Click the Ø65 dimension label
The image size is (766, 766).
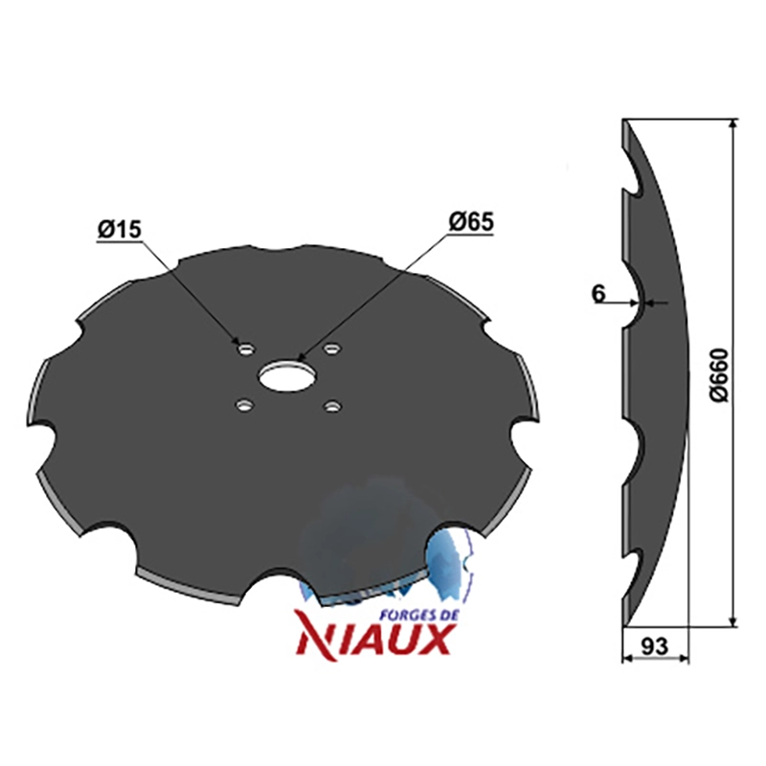471,222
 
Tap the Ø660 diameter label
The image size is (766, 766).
720,374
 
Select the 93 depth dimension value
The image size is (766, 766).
654,646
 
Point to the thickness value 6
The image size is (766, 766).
598,294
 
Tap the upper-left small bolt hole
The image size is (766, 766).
247,349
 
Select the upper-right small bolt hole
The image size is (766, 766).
332,349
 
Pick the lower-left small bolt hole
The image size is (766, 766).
244,405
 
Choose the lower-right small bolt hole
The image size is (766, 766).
331,406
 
